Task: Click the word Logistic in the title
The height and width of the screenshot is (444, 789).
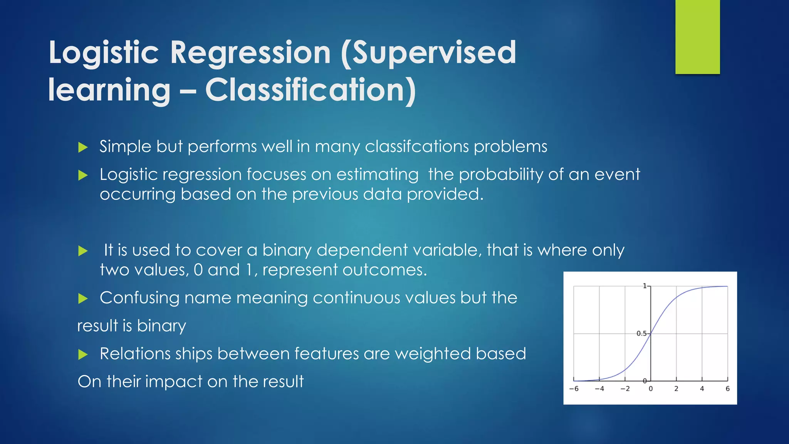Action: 103,53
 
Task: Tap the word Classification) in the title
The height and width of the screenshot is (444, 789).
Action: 311,90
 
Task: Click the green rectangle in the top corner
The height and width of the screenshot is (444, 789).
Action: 697,37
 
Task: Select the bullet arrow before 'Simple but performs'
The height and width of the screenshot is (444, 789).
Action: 83,147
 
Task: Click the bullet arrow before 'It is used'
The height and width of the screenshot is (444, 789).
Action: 83,251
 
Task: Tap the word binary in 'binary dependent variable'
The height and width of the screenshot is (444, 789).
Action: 287,251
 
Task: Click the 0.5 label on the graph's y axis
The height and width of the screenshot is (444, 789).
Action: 641,333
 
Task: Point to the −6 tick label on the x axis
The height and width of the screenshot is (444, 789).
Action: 574,389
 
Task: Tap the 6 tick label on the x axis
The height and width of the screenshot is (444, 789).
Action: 727,389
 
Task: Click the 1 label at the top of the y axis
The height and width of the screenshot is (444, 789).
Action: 645,286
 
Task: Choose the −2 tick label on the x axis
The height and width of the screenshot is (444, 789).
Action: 625,389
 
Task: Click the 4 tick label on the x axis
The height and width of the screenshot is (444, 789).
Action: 702,389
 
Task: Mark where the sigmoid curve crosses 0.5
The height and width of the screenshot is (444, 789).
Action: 651,334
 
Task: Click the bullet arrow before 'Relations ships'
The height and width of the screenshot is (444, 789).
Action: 83,354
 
